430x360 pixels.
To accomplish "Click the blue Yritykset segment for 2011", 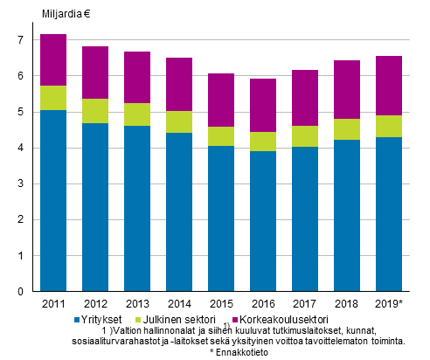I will click(x=53, y=200).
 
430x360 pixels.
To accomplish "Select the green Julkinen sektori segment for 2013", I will click(x=136, y=114).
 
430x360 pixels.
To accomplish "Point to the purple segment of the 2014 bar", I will click(x=178, y=85).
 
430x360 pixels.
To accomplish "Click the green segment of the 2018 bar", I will click(x=345, y=129).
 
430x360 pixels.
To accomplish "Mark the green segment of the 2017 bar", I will click(x=303, y=136).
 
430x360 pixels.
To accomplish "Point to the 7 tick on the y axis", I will click(x=24, y=40).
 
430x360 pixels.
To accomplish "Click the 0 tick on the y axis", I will click(x=24, y=292).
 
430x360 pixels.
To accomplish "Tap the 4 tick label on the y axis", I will click(x=24, y=149).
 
